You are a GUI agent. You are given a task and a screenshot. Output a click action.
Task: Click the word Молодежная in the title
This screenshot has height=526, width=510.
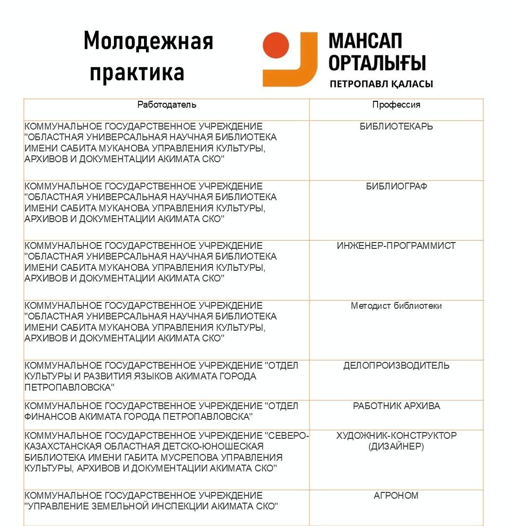tap(148, 41)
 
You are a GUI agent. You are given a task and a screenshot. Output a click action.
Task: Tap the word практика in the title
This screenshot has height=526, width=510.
tap(137, 72)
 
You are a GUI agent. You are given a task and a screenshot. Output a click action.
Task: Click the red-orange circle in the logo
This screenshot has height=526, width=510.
tap(276, 45)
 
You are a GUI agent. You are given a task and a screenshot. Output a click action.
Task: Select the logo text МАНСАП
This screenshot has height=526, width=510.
tap(365, 41)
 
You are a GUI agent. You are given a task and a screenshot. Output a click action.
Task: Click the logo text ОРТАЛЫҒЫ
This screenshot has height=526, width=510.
tap(377, 63)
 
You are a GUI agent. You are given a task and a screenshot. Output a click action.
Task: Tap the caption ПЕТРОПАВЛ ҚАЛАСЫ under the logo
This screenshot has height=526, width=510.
tap(381, 84)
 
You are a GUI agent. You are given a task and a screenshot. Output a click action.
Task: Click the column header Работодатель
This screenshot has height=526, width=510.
tap(167, 105)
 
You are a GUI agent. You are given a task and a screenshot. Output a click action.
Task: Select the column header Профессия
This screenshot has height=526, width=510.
tap(396, 105)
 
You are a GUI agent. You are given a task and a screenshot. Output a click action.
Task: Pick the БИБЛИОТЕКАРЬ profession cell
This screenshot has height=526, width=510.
tap(396, 127)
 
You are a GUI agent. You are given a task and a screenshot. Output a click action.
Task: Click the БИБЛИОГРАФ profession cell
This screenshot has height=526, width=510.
tap(396, 186)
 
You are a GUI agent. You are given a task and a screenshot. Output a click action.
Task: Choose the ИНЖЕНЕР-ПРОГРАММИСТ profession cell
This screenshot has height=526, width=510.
tap(396, 246)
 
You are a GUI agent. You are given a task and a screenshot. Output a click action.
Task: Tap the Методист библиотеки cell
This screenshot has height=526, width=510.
tap(396, 306)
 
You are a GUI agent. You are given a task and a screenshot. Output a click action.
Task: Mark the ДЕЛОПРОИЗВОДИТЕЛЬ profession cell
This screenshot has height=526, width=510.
tap(396, 366)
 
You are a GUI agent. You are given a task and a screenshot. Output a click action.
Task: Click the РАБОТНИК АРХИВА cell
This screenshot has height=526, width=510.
tap(396, 406)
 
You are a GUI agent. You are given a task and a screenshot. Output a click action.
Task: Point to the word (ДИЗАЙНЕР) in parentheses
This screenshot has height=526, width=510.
tap(396, 446)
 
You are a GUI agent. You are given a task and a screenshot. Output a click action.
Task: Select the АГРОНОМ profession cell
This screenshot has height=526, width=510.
tap(396, 496)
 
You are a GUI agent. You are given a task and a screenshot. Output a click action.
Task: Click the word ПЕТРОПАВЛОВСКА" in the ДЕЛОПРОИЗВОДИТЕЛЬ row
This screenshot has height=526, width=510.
tap(70, 387)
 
